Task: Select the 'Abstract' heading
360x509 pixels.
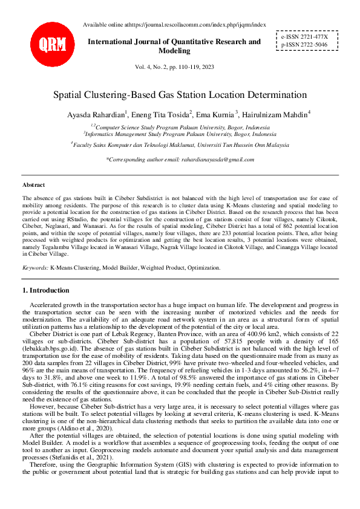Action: tap(33, 184)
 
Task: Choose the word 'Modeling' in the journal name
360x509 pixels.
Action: tap(174, 51)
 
